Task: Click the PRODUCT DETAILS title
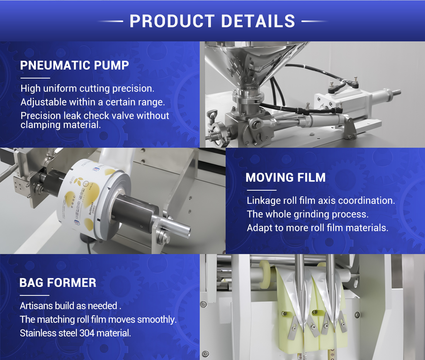coord(212,21)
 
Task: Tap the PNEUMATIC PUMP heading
coord(75,65)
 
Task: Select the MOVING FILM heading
coord(286,177)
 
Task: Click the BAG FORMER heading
coord(58,283)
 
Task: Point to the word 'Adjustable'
coord(44,102)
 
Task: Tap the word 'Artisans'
coord(36,306)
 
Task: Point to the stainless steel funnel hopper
coord(253,62)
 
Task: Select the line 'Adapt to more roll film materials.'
coord(317,228)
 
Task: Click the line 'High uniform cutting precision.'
coord(87,89)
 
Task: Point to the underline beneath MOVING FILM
coord(262,190)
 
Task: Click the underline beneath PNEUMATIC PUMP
coord(35,78)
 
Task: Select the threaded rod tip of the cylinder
coord(396,92)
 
